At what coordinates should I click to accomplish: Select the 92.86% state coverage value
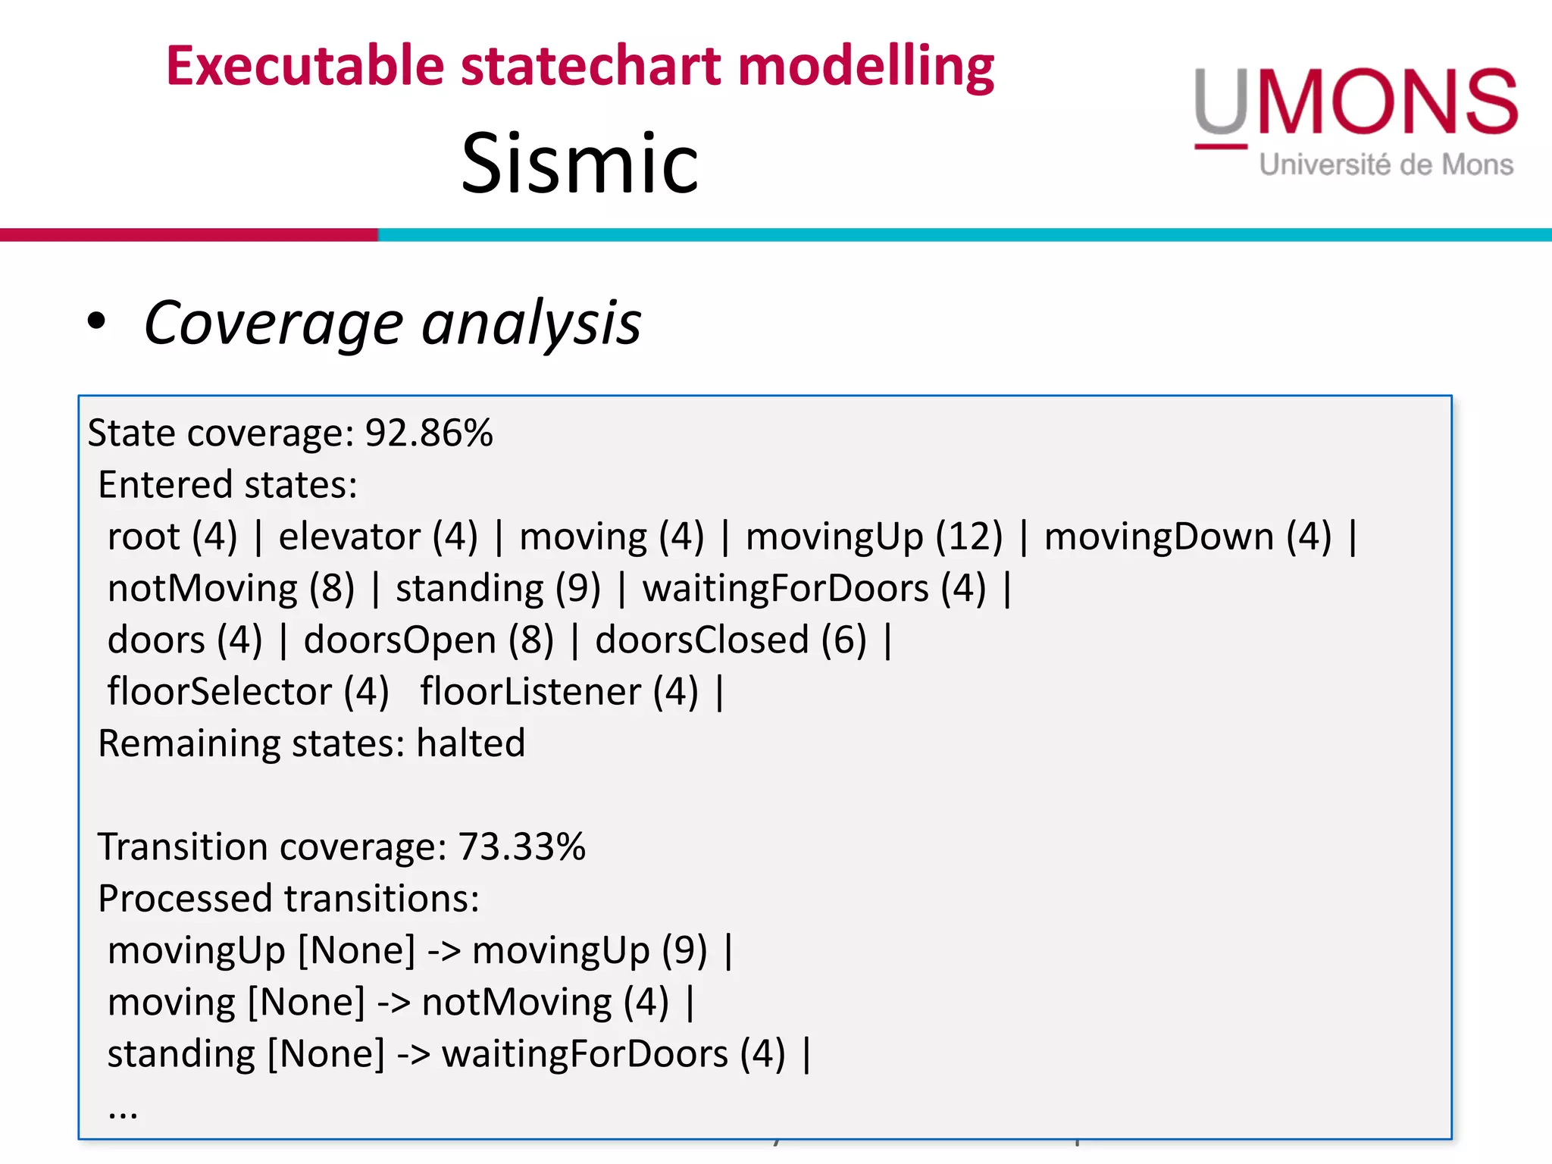[429, 433]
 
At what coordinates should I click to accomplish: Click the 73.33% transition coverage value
[521, 846]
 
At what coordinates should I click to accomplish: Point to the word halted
[471, 743]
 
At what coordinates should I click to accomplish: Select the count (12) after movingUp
[968, 537]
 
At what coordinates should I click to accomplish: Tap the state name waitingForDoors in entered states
[785, 589]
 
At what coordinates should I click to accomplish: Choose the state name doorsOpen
[399, 640]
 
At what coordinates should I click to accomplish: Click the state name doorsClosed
[702, 640]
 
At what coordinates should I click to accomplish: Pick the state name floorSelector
[220, 692]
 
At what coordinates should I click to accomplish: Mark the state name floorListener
[530, 692]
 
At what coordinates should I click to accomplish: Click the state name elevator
[349, 537]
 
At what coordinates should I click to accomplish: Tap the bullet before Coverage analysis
[96, 321]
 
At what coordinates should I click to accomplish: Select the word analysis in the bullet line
[531, 324]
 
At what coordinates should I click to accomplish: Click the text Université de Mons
[1386, 164]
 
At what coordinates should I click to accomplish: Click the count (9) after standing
[577, 589]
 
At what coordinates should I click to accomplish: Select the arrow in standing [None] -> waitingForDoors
[414, 1054]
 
